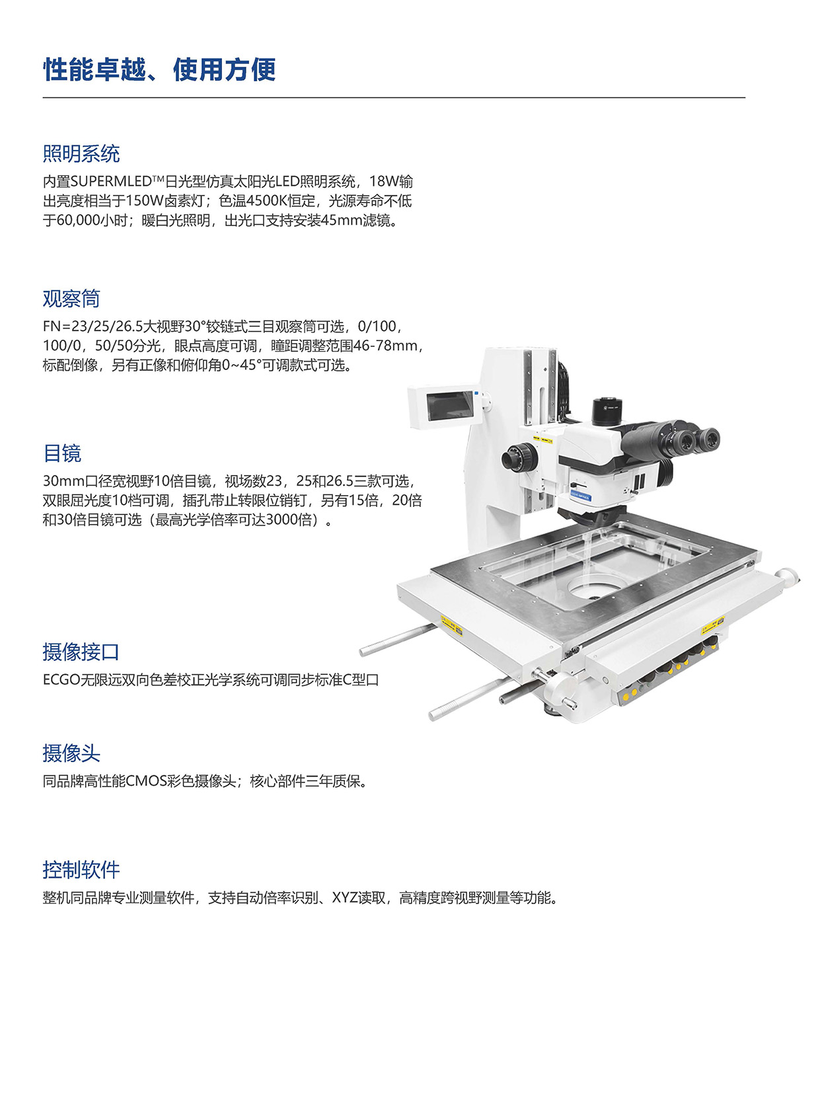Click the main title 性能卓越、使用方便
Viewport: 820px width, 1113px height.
[x=159, y=69]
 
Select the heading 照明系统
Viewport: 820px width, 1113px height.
[x=81, y=154]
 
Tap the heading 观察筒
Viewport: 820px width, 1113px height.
[x=71, y=299]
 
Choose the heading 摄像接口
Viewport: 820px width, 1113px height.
[x=81, y=652]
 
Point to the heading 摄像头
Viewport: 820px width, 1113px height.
[x=71, y=753]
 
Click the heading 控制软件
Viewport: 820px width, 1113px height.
[x=81, y=870]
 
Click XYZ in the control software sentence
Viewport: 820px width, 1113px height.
[x=344, y=898]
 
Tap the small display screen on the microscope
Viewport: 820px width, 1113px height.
[x=449, y=406]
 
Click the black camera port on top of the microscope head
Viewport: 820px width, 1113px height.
[x=608, y=410]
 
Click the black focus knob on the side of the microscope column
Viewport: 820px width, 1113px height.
[x=519, y=457]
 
